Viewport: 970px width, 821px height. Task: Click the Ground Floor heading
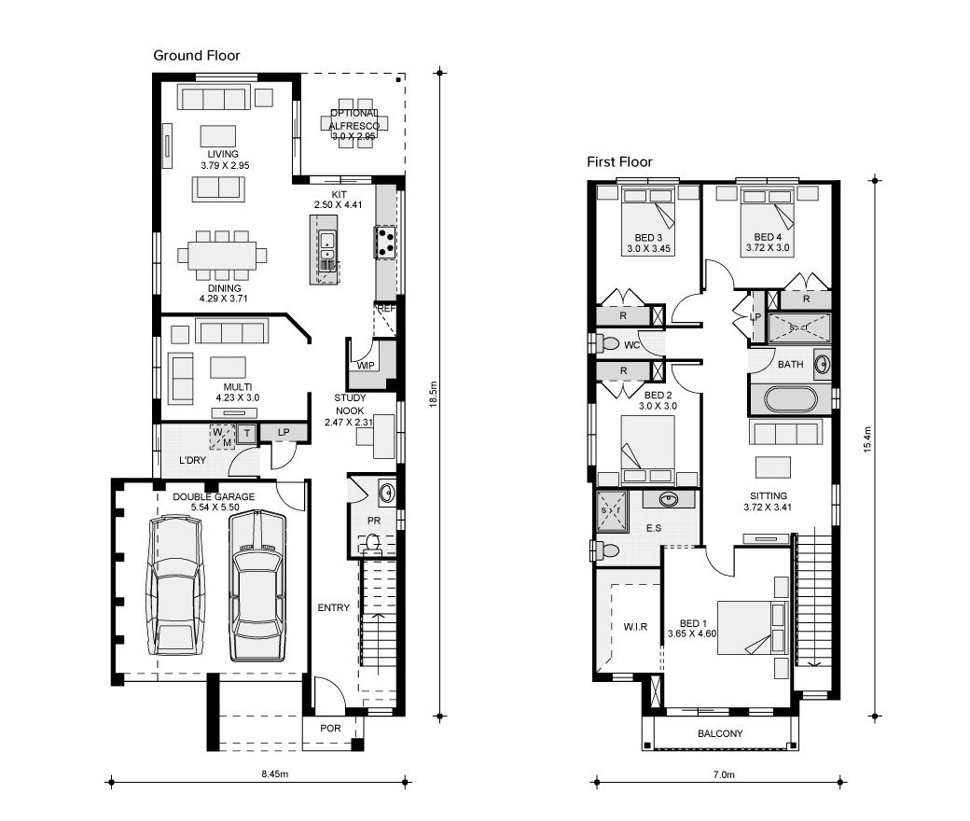coord(196,56)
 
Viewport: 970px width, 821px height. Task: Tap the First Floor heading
coord(619,162)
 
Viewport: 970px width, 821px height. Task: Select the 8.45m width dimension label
coord(274,774)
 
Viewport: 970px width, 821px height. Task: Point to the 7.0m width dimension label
coord(724,774)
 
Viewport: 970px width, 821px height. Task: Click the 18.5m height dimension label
coord(434,394)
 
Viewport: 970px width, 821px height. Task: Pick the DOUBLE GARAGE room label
coord(214,497)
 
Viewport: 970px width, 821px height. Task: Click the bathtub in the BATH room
coord(790,399)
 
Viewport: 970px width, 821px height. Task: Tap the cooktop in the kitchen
coord(385,242)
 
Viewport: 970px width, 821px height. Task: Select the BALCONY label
coord(720,733)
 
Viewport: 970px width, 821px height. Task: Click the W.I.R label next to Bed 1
coord(635,627)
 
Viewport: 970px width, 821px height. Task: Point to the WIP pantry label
coord(366,366)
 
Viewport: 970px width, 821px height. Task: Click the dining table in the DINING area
coord(223,255)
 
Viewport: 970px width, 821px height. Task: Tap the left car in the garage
coord(175,588)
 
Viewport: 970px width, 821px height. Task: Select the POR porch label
coord(330,729)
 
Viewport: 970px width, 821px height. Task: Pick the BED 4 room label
coord(768,237)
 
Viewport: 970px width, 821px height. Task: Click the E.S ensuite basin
coord(668,498)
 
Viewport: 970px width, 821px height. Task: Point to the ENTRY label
coord(334,607)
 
